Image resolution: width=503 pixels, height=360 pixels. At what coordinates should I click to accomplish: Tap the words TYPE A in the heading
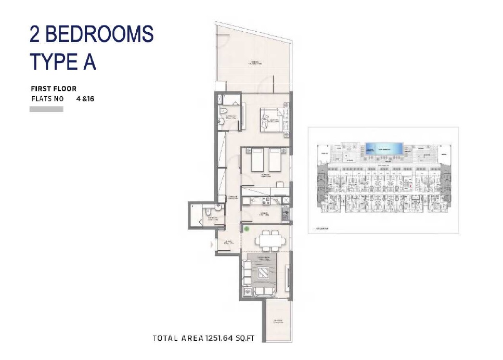pyautogui.click(x=63, y=61)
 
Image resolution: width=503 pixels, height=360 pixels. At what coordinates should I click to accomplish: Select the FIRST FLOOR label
pyautogui.click(x=54, y=89)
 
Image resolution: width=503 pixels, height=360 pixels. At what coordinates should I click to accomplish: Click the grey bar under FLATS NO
pyautogui.click(x=46, y=109)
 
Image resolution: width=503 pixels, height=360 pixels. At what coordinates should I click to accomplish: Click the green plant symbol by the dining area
pyautogui.click(x=247, y=228)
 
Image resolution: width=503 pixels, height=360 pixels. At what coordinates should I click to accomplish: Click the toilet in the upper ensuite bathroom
pyautogui.click(x=223, y=110)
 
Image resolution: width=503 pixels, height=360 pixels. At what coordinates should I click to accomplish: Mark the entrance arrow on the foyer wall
pyautogui.click(x=211, y=244)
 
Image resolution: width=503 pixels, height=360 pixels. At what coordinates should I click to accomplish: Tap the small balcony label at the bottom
pyautogui.click(x=277, y=321)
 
